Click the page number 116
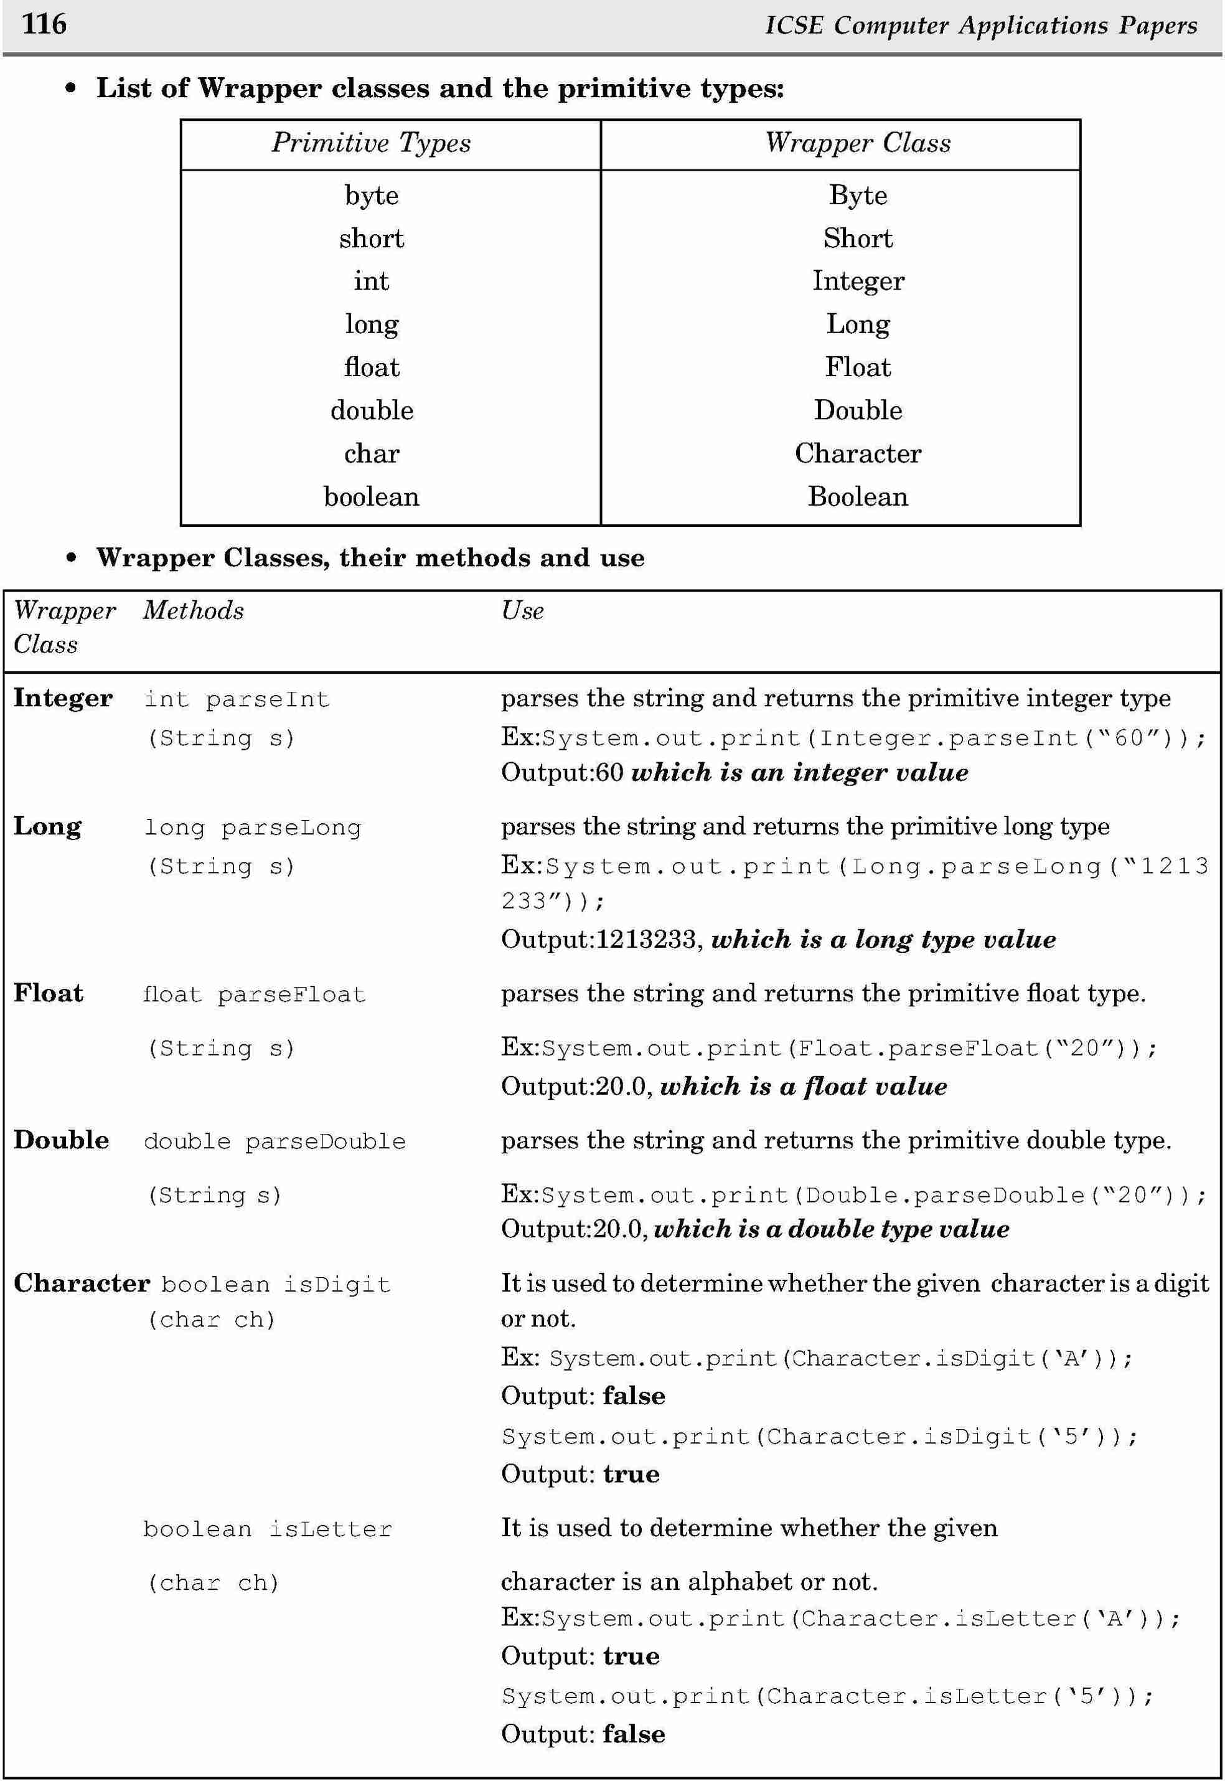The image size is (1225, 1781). click(x=45, y=24)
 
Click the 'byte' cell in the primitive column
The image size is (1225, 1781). click(x=372, y=196)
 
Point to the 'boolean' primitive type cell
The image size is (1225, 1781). click(x=372, y=497)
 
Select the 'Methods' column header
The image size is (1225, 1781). click(x=194, y=611)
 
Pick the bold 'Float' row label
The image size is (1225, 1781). click(x=49, y=993)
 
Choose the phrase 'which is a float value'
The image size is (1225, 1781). click(x=803, y=1086)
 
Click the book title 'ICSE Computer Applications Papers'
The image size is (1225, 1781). click(x=981, y=26)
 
